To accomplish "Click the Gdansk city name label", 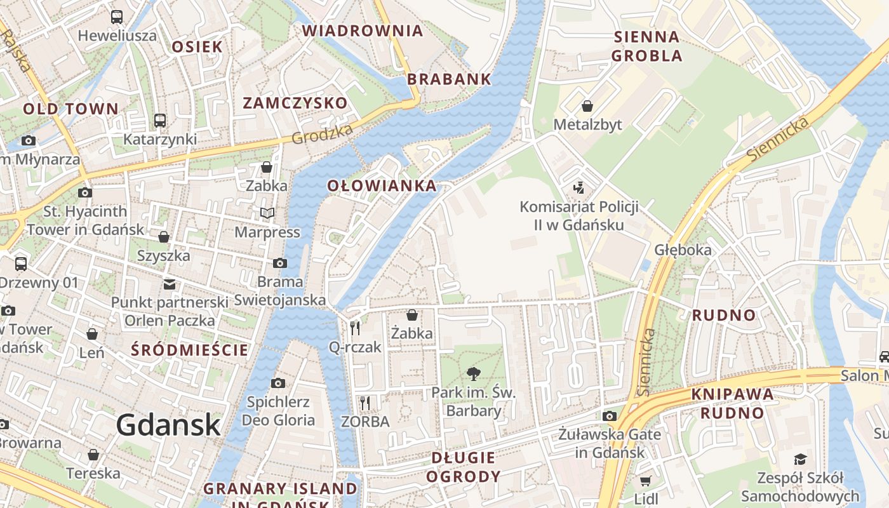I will pyautogui.click(x=168, y=424).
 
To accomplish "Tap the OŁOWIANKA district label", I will pyautogui.click(x=382, y=185).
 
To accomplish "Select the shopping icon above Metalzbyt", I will pyautogui.click(x=587, y=105).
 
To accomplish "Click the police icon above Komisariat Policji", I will pyautogui.click(x=578, y=187).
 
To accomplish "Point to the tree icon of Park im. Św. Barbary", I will pyautogui.click(x=473, y=373).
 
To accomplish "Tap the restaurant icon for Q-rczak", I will pyautogui.click(x=355, y=328).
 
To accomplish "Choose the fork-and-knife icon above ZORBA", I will pyautogui.click(x=364, y=403).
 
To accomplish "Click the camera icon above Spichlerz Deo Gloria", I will pyautogui.click(x=277, y=383).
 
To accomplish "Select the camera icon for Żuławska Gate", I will pyautogui.click(x=610, y=416).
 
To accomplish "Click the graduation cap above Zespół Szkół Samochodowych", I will pyautogui.click(x=800, y=458).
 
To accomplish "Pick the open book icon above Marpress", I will pyautogui.click(x=267, y=213).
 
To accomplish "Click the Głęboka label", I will pyautogui.click(x=683, y=250).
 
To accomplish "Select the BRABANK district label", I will pyautogui.click(x=449, y=79).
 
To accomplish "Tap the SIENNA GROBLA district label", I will pyautogui.click(x=646, y=46).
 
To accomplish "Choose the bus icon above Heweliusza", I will pyautogui.click(x=117, y=17).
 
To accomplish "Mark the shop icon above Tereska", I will pyautogui.click(x=93, y=455).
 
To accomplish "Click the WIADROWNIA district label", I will pyautogui.click(x=362, y=30).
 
